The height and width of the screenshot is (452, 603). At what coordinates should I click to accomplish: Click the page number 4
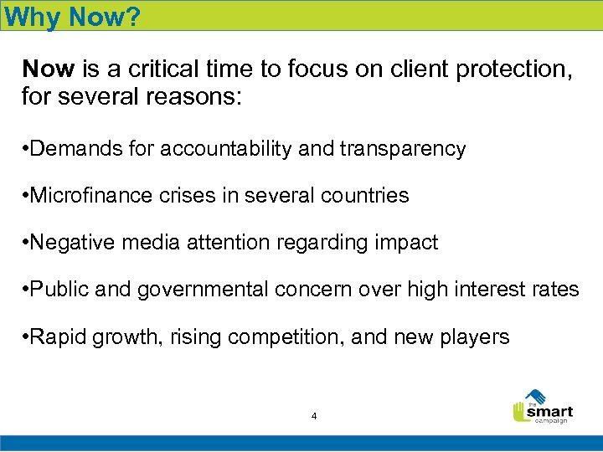(313, 416)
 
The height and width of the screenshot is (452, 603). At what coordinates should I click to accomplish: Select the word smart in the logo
(550, 411)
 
